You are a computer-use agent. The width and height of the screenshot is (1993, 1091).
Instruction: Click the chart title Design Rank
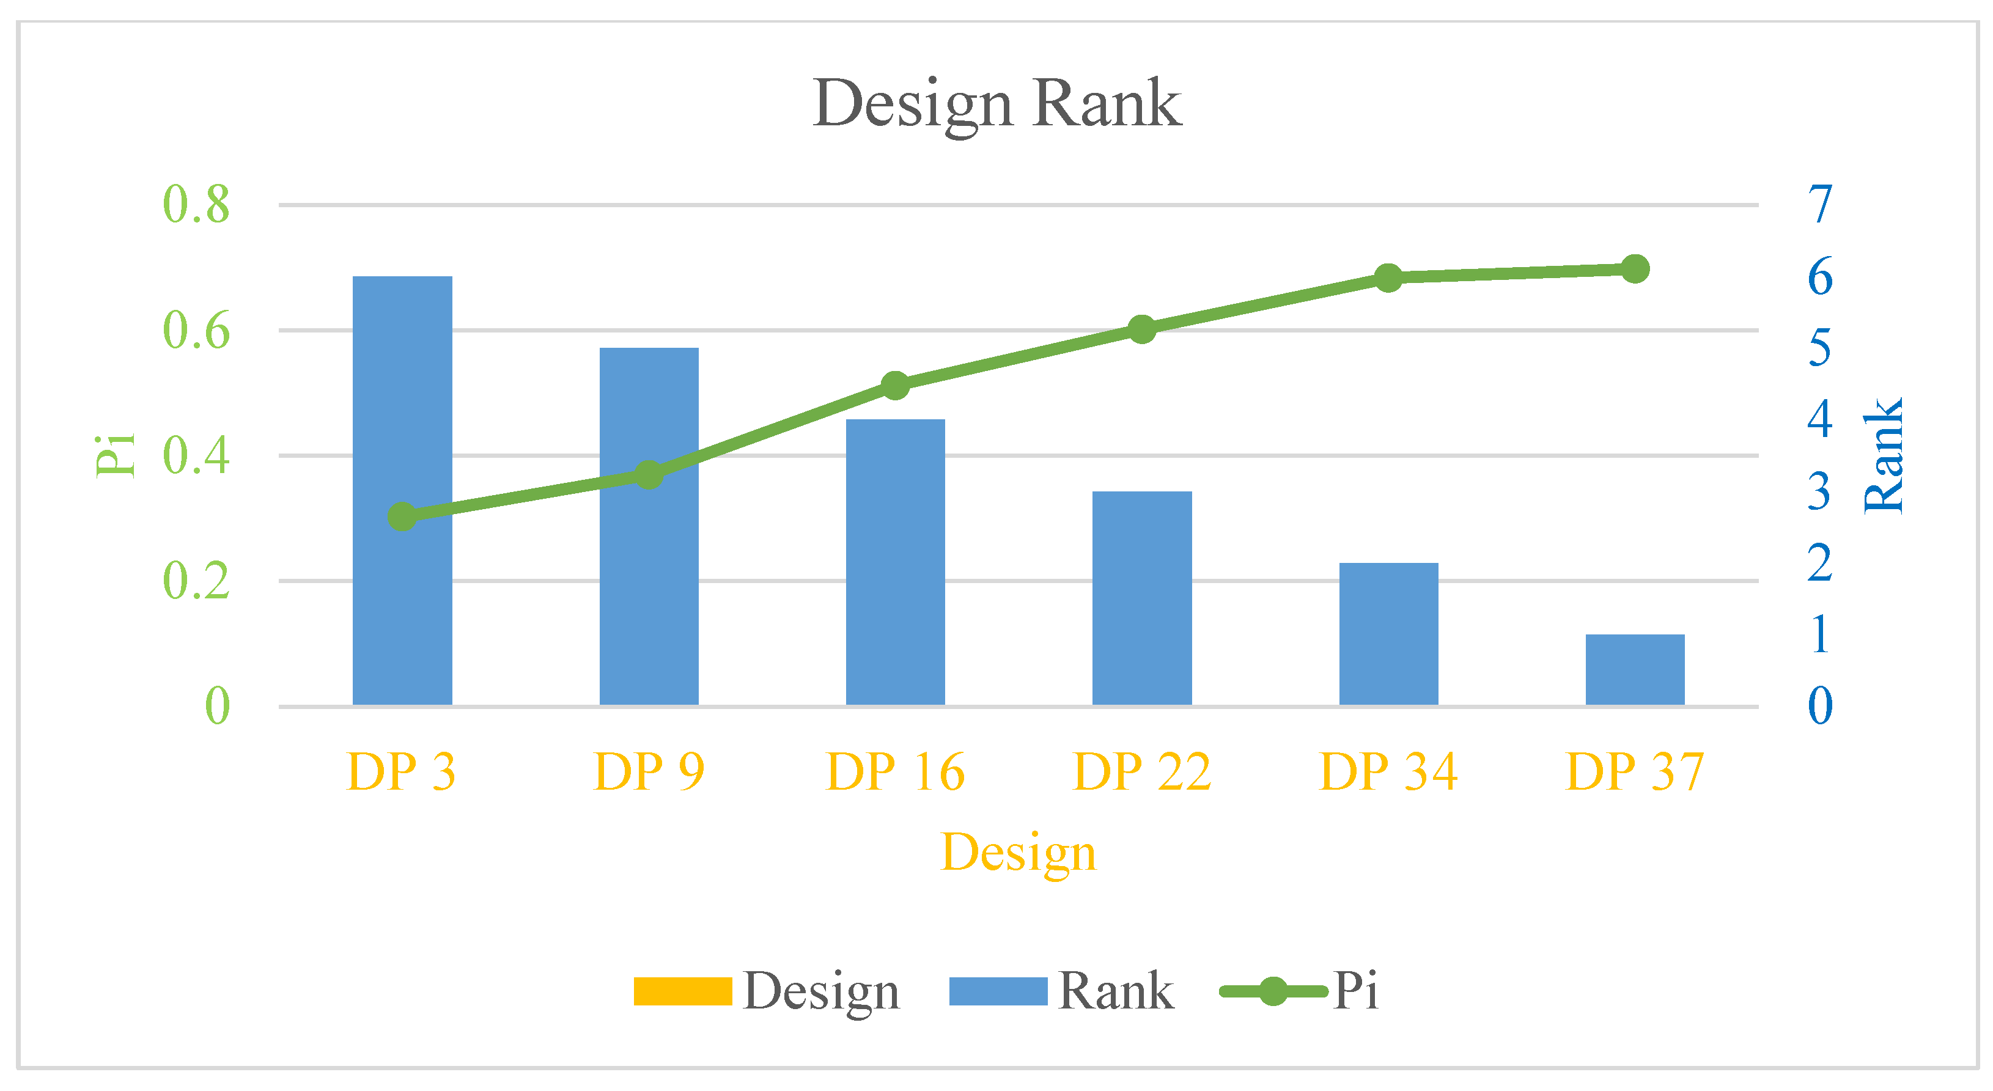pos(996,104)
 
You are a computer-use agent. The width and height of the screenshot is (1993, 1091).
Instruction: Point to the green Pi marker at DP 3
pos(402,516)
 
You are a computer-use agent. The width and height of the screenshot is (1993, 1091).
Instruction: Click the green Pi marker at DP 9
pos(649,474)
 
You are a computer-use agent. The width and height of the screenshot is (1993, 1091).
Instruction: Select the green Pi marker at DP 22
pos(1141,329)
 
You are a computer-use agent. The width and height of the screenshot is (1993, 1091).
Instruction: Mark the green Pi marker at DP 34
pos(1388,277)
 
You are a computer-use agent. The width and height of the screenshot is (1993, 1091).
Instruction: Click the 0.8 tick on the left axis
pos(196,205)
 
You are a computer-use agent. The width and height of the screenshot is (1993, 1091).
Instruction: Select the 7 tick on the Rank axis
pos(1820,205)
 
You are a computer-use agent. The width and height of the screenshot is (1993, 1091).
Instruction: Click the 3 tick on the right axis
pos(1820,491)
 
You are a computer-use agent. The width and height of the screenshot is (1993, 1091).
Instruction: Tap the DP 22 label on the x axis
pos(1141,771)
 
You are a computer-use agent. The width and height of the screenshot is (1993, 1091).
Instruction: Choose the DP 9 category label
pos(649,771)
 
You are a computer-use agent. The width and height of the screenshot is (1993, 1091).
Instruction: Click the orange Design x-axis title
pos(1018,852)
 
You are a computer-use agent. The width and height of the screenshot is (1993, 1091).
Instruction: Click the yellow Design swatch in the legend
pos(682,991)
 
